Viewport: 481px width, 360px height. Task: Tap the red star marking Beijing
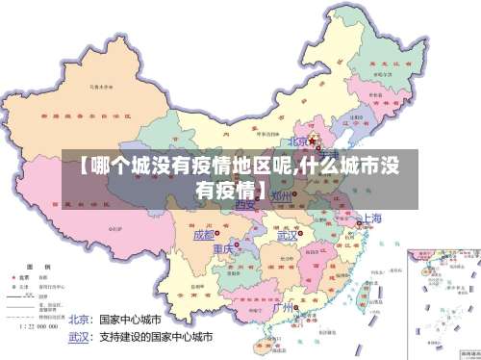tap(313, 141)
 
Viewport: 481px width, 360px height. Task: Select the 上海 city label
tap(371, 219)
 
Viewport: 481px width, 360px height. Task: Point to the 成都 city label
tap(204, 234)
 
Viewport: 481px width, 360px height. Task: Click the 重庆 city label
tap(223, 250)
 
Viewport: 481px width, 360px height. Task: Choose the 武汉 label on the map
tap(287, 235)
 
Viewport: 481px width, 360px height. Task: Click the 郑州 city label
tap(281, 196)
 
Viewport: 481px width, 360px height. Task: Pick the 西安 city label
tap(245, 203)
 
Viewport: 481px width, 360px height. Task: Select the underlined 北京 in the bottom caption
tap(81, 319)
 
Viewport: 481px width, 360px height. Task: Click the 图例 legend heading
tap(38, 265)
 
